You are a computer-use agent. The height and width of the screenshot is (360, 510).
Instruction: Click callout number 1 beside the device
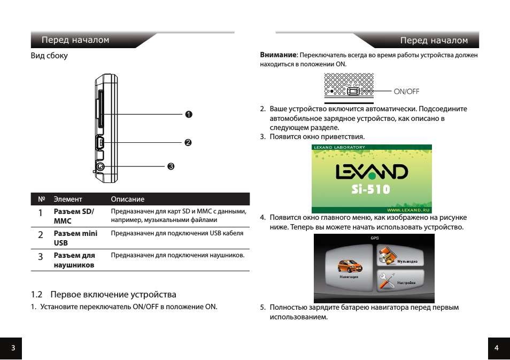tap(189, 114)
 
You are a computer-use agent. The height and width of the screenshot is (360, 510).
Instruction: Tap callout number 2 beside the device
tap(188, 143)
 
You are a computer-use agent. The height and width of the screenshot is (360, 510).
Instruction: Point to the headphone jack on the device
tap(99, 166)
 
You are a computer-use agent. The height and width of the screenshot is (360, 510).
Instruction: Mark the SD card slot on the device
tap(100, 111)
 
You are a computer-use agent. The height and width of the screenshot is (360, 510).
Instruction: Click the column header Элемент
tap(68, 199)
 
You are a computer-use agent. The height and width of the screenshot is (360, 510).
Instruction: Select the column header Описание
tap(127, 199)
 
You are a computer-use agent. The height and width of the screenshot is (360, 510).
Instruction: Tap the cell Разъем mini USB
tap(75, 238)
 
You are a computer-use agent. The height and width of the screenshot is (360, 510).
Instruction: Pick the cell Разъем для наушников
tap(74, 260)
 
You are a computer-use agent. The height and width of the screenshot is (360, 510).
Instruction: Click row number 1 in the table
tap(41, 213)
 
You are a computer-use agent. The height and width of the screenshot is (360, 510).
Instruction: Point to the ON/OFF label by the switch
tap(406, 91)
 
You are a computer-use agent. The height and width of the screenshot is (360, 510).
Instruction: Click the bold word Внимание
tap(279, 55)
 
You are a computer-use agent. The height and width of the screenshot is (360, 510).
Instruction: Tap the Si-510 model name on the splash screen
tap(371, 189)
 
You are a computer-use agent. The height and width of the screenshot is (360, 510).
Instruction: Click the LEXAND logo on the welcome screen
tap(372, 171)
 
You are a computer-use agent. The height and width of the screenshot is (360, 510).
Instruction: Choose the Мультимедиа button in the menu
tap(399, 255)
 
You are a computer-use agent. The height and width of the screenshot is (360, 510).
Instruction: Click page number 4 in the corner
tap(497, 348)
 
